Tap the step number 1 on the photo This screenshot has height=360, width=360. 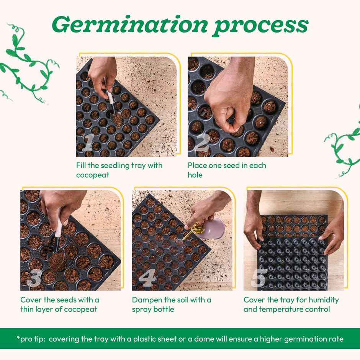click(x=88, y=144)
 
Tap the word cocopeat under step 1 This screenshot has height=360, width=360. click(x=93, y=175)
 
